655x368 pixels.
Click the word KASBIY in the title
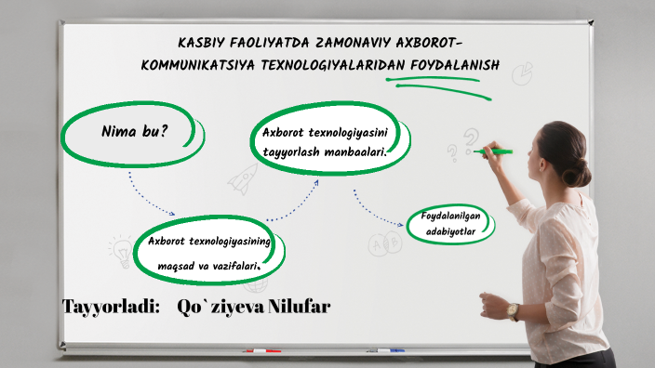199,44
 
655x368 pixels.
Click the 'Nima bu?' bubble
133,132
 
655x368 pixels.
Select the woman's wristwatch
513,311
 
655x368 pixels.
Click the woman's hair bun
578,173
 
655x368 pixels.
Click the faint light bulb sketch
120,249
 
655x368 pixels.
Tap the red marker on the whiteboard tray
261,351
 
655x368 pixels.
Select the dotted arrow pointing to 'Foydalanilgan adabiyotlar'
377,213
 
